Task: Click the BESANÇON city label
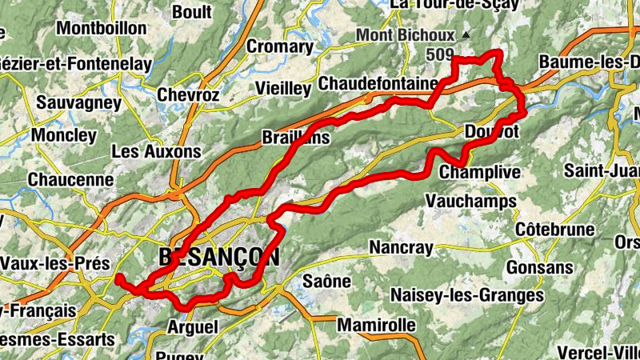coord(218,257)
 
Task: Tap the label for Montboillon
coord(102,28)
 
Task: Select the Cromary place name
coord(279,46)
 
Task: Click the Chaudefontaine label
coord(378,83)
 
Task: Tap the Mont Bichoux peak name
coord(405,35)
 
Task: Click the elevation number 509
coord(439,55)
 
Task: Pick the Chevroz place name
coord(188,95)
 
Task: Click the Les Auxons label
coord(156,150)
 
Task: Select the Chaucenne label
coord(70,180)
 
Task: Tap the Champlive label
coord(480,172)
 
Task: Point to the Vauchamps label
coord(471,201)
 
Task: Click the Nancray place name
coord(401,248)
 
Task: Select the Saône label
coord(327,281)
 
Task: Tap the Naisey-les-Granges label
coord(467,295)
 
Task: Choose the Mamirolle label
coord(376,326)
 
